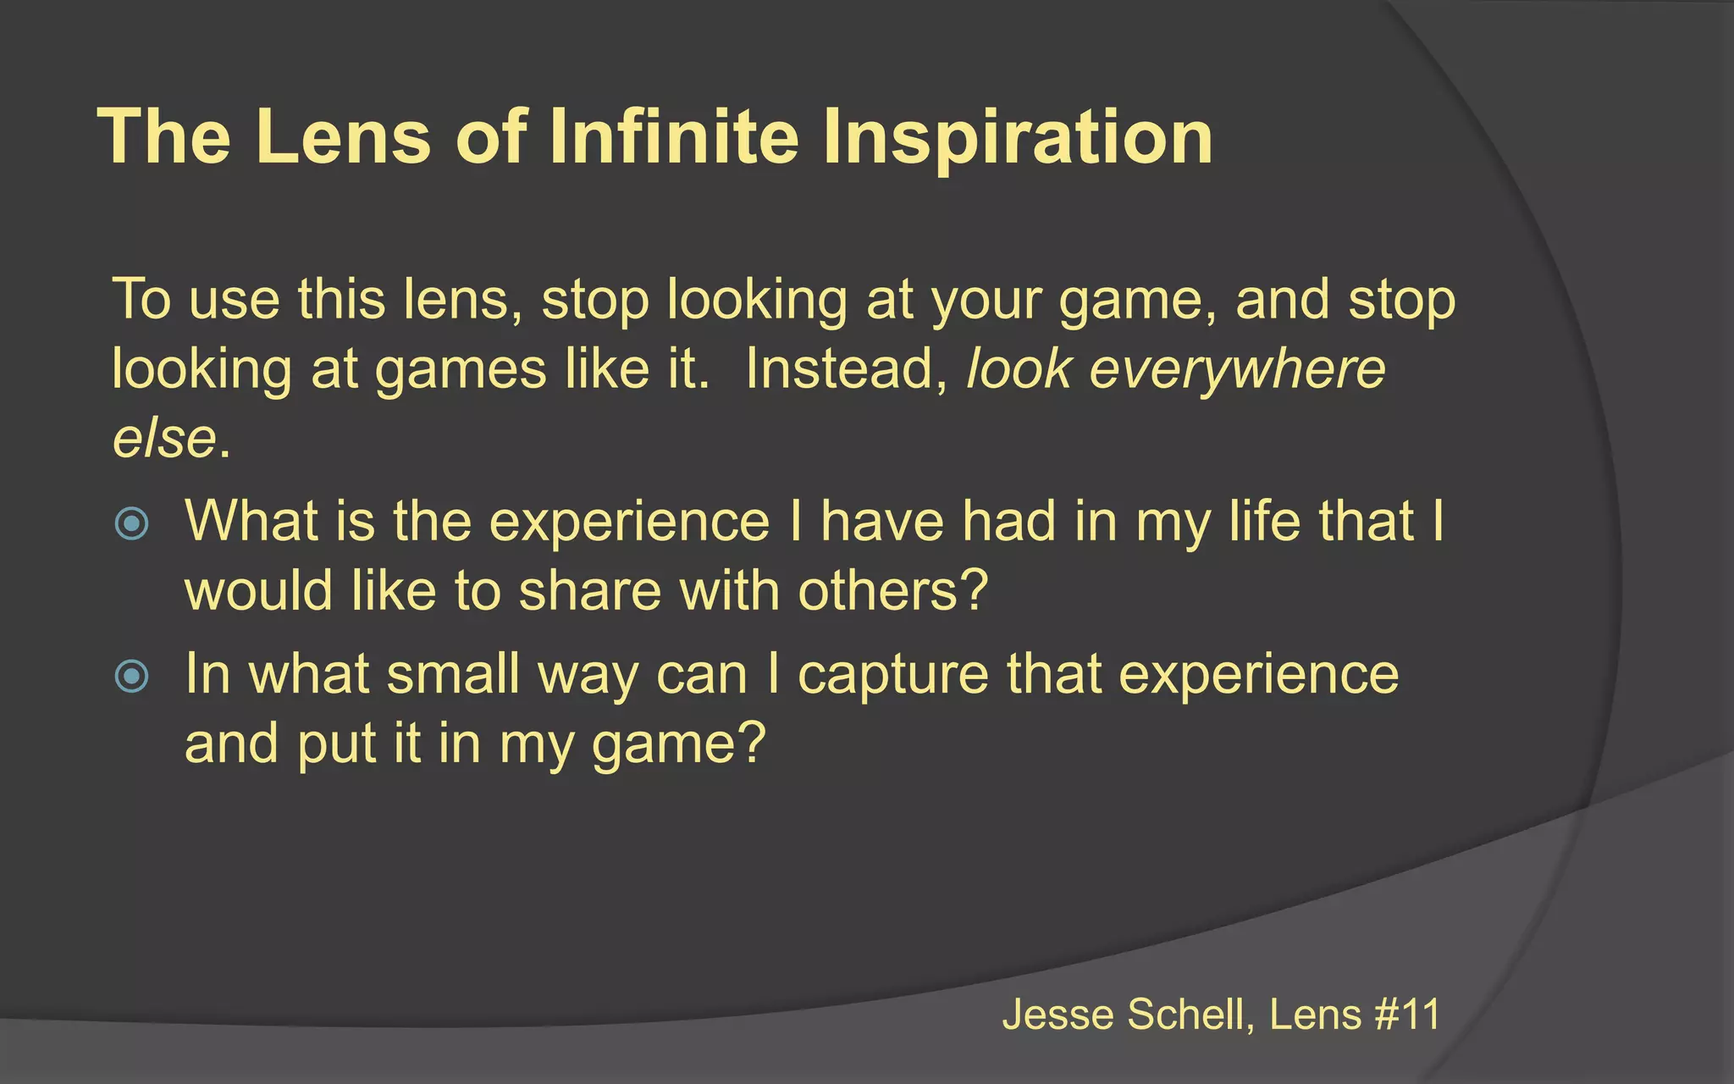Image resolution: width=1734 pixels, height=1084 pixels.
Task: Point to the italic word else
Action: [164, 439]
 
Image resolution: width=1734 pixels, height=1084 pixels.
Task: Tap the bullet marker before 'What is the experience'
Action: [131, 523]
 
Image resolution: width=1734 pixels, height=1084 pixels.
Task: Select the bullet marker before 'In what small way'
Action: [131, 676]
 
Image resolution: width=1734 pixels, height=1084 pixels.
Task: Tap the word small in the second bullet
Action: [453, 674]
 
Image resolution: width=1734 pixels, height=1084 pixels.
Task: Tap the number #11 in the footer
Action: [1406, 1014]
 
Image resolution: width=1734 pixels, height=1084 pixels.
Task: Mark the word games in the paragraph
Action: [461, 371]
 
